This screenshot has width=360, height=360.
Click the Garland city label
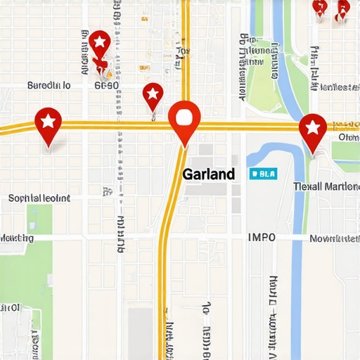tap(208, 174)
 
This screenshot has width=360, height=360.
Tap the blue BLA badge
tap(263, 174)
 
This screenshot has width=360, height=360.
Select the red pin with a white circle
tap(185, 120)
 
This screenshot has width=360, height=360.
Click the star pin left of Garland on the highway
tap(48, 124)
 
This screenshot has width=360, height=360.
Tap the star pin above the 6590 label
tap(100, 44)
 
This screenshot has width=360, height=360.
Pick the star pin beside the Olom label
tap(312, 129)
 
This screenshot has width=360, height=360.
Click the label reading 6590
tap(106, 85)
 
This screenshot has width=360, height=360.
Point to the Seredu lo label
tap(49, 85)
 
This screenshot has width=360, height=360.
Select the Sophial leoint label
tap(39, 198)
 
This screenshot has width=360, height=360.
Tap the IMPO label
tap(262, 238)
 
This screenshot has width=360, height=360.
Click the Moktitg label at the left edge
tap(17, 238)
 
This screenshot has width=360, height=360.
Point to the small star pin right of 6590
tap(153, 94)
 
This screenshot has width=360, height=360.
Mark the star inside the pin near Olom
tap(312, 127)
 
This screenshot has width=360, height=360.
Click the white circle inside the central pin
tap(185, 115)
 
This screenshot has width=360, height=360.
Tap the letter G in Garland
tap(187, 174)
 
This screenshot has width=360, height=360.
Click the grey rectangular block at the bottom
tap(140, 334)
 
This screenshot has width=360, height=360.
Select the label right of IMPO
tap(335, 238)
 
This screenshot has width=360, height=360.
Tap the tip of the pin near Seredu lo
tap(48, 148)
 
